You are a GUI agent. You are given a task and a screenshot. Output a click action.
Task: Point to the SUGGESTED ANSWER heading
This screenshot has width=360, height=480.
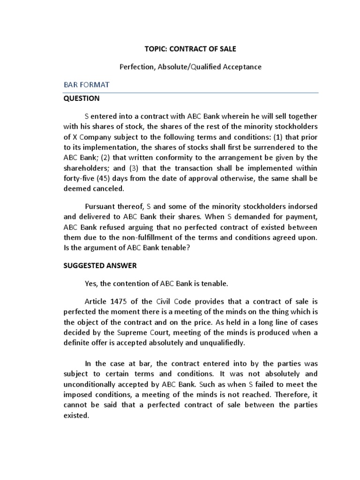100,265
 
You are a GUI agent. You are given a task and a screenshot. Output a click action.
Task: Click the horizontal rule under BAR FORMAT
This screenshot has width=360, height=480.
191,93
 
